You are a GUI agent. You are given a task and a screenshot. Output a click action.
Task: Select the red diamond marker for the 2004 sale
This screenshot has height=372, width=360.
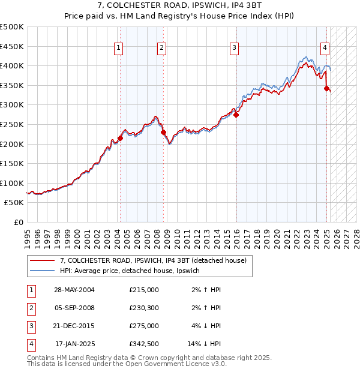[120, 138]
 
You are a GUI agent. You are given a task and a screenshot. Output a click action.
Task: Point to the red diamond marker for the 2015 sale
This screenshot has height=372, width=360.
[236, 115]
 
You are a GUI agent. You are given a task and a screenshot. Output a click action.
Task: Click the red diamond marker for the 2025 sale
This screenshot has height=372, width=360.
[326, 88]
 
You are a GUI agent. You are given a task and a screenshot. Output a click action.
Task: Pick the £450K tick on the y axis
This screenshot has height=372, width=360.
[12, 46]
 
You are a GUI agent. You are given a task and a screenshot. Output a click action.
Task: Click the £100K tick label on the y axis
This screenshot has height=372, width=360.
[12, 183]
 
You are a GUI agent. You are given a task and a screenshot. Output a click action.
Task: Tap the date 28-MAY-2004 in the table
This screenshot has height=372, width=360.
[74, 290]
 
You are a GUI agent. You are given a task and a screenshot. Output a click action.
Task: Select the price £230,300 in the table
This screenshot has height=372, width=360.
[144, 308]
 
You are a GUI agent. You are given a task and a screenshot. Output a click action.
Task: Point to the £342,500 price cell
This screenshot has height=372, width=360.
[144, 344]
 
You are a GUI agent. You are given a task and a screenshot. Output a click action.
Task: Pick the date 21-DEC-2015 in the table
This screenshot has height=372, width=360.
[74, 326]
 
